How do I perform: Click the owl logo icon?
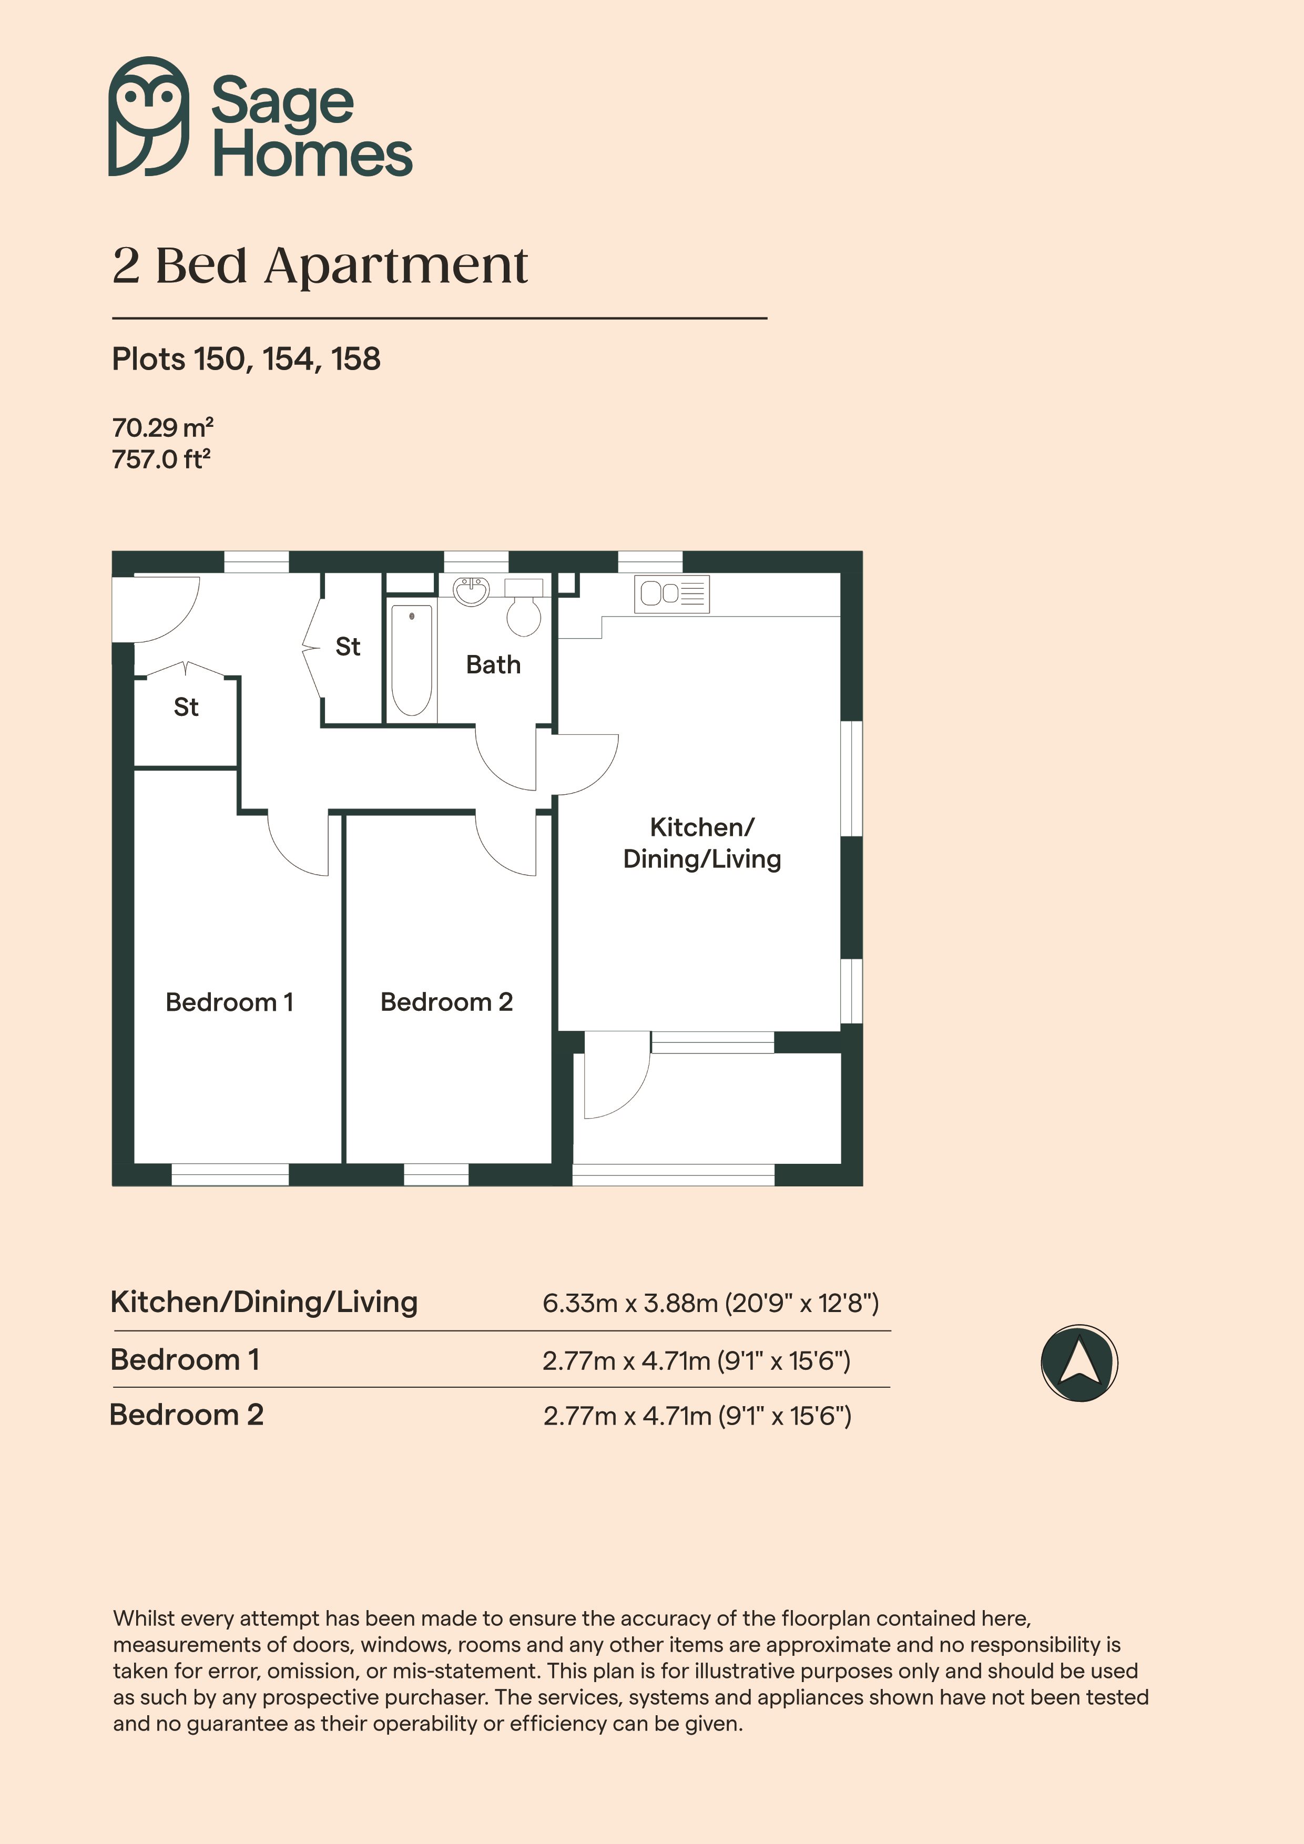(149, 117)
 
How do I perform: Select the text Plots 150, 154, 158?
(246, 359)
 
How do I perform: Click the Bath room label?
(493, 665)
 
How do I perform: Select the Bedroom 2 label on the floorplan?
(447, 1002)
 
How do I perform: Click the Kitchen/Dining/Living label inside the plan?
(702, 843)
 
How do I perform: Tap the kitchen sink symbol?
(673, 595)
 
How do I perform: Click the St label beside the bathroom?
(348, 647)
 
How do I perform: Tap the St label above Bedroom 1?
(187, 707)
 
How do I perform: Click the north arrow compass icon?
(1079, 1363)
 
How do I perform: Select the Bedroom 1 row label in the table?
(185, 1360)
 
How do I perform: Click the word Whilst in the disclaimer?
(149, 1618)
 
